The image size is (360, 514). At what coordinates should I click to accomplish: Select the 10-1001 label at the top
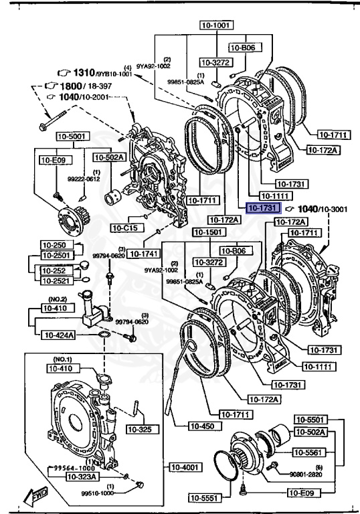tap(215, 25)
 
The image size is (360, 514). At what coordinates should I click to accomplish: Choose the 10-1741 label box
tap(142, 254)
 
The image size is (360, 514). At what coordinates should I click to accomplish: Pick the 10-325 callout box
tap(139, 429)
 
